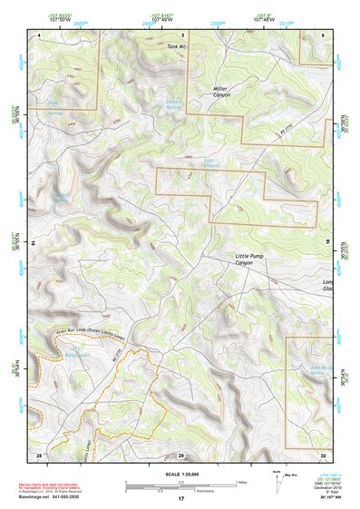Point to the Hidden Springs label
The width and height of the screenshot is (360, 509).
click(x=175, y=106)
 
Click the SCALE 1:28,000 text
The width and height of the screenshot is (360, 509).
click(x=181, y=475)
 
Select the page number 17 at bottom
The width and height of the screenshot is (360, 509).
click(x=181, y=499)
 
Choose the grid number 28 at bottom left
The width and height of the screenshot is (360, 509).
click(x=39, y=455)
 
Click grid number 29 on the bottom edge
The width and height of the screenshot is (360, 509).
click(x=181, y=455)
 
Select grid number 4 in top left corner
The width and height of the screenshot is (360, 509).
click(x=39, y=34)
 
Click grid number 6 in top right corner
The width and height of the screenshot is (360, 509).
click(x=324, y=34)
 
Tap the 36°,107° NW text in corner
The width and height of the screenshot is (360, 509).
click(x=333, y=499)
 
